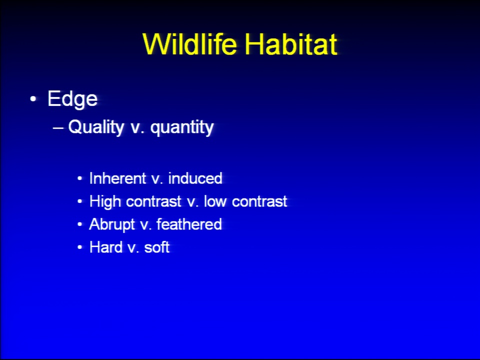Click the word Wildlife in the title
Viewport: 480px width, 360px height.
(x=190, y=44)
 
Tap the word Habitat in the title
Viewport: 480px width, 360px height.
(x=291, y=44)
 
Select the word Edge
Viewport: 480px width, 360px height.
(x=72, y=99)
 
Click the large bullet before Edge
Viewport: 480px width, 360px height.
(x=33, y=99)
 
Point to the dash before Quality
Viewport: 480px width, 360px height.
(x=58, y=127)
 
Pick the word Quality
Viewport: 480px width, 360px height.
(x=96, y=127)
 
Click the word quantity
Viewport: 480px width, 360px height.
(x=182, y=127)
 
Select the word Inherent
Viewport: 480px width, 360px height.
(x=117, y=178)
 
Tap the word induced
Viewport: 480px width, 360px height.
(x=195, y=178)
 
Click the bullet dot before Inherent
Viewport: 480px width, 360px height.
(x=80, y=178)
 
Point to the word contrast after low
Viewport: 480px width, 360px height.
(x=259, y=201)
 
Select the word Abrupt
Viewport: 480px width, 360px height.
(x=112, y=224)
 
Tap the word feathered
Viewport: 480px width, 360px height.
(x=189, y=224)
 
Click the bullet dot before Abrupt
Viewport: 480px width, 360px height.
(x=80, y=224)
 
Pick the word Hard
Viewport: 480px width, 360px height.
(x=106, y=247)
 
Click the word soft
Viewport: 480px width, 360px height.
(x=156, y=247)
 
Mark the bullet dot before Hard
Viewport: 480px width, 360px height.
(x=80, y=247)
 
